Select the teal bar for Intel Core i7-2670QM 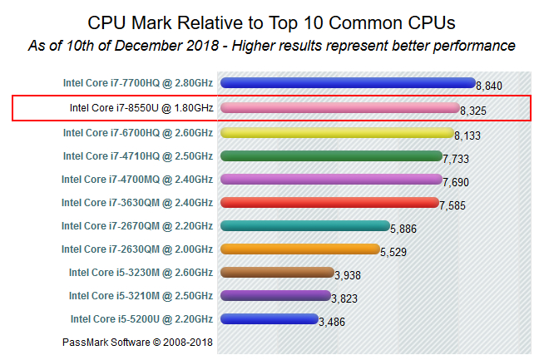click(304, 225)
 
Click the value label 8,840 click(489, 86)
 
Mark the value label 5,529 click(393, 252)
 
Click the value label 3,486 click(332, 322)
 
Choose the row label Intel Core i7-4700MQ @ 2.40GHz click(137, 179)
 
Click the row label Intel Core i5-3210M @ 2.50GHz click(141, 295)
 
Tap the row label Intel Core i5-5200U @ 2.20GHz click(141, 318)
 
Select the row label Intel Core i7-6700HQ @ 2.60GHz click(137, 131)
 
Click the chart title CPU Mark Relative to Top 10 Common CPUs click(272, 20)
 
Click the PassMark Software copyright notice click(138, 342)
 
